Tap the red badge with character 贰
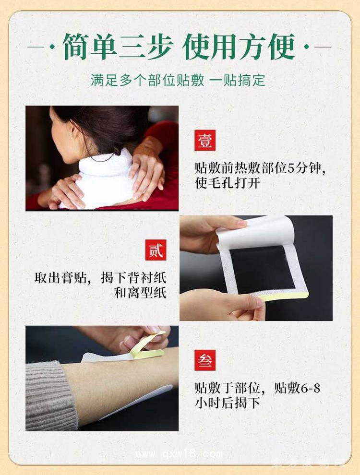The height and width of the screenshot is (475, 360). point(156,250)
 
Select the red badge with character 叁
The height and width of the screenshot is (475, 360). point(205,360)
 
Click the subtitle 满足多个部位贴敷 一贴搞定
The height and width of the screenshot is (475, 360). point(178,80)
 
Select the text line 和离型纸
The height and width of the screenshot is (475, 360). point(140,293)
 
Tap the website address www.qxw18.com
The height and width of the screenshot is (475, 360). point(179,454)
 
